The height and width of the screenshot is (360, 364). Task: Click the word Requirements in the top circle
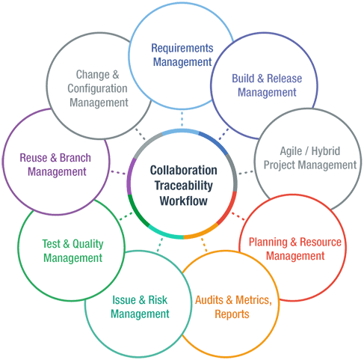point(182,48)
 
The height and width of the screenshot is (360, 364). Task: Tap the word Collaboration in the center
point(184,170)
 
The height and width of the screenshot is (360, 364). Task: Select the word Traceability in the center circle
point(184,186)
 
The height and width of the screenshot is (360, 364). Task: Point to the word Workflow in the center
point(184,201)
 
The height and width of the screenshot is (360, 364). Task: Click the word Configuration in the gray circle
point(97,89)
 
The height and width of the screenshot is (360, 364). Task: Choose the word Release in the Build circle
point(284,79)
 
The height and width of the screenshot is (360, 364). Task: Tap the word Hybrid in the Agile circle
point(326,151)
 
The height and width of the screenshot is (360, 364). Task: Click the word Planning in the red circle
point(268,242)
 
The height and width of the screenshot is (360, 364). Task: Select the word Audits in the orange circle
point(209,300)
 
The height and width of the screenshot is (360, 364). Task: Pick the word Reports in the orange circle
point(232,314)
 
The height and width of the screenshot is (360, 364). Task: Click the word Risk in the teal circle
point(158,300)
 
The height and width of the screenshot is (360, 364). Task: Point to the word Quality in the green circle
point(88,244)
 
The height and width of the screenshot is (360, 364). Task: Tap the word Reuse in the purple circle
point(34,158)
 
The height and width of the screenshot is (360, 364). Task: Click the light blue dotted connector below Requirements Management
point(182,119)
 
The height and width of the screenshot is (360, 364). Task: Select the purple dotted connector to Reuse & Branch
point(118,173)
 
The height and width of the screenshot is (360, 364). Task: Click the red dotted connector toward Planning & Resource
point(238,216)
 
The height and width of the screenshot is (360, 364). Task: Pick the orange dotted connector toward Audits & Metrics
point(204,245)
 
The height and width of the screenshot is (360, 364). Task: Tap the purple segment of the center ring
point(129,176)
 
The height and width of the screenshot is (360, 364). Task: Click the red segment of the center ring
point(230,208)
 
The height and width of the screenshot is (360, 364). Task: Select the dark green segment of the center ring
point(135,212)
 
